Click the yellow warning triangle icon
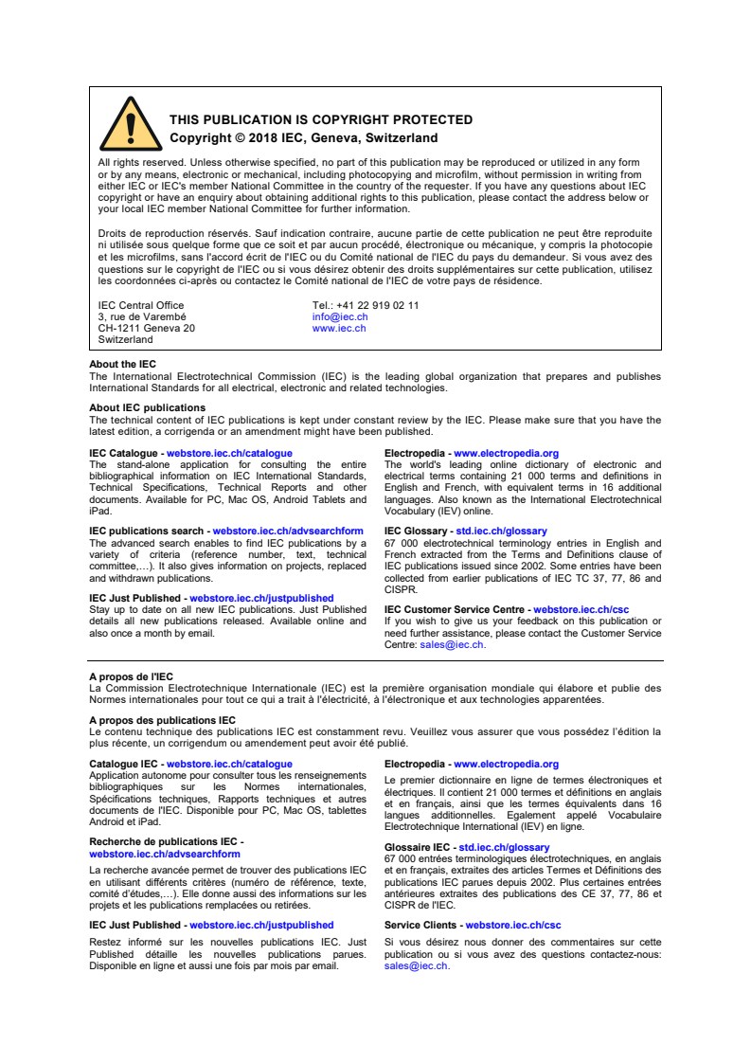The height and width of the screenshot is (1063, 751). pos(131,124)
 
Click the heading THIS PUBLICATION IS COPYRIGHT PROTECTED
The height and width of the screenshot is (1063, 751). pos(321,120)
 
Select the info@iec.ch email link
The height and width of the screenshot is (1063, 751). pos(339,317)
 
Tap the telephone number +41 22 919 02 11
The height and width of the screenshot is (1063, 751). pos(366,306)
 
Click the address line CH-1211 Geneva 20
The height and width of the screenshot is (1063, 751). pos(147,329)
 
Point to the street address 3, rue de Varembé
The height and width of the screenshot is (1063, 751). pos(142,317)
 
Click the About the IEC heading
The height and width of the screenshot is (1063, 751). pos(122,365)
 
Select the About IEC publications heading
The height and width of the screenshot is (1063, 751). pos(147,408)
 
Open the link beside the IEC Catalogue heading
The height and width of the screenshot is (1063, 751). pos(229,454)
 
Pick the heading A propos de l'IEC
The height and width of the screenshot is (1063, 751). pos(131,676)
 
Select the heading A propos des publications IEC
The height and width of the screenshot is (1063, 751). pos(162,720)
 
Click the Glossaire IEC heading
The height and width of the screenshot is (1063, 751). pos(417,848)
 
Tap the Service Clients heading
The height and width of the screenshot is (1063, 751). pos(421,926)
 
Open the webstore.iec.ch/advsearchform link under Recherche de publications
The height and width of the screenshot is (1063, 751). pos(165,854)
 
